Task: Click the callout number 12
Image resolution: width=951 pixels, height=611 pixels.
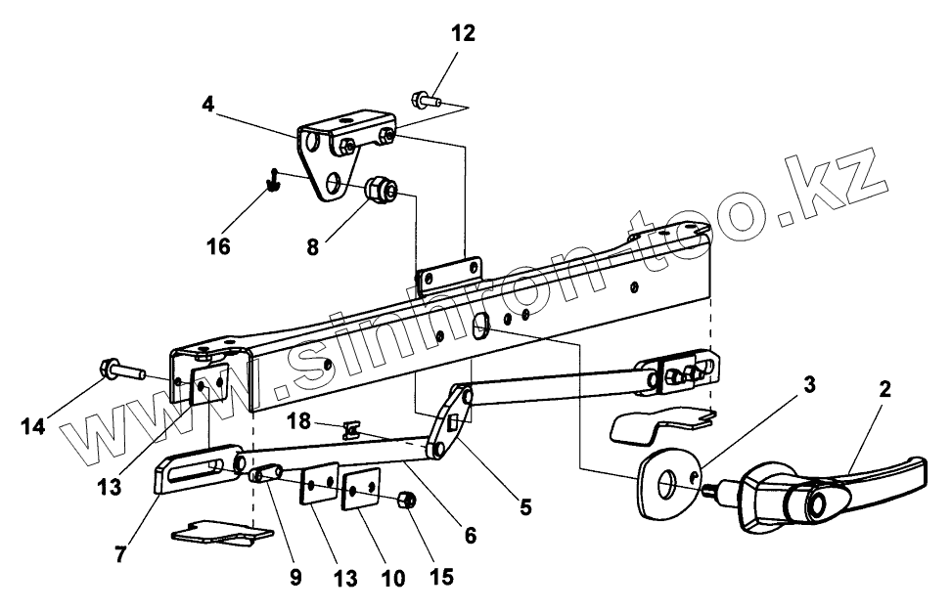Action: coord(463,34)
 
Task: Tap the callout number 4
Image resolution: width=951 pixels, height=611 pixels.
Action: coord(208,104)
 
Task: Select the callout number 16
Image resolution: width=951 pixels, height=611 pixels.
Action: coord(218,245)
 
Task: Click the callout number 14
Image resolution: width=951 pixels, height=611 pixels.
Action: coord(32,427)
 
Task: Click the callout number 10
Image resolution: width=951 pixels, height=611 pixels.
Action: coord(391,578)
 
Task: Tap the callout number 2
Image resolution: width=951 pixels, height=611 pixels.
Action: coord(884,388)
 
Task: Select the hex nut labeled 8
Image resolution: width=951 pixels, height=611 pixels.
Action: coord(381,189)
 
